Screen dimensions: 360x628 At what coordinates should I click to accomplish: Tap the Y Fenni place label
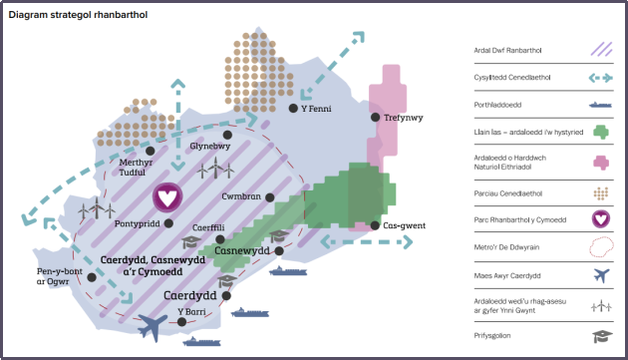tap(316, 108)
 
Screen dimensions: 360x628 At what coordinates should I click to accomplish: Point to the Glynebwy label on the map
tap(209, 147)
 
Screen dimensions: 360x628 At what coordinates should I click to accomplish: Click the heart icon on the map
tap(168, 196)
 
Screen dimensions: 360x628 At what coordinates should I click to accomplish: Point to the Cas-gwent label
tap(406, 225)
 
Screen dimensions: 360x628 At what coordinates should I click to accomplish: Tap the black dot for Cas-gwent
tap(375, 225)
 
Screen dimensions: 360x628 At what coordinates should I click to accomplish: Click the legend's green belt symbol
tap(599, 131)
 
